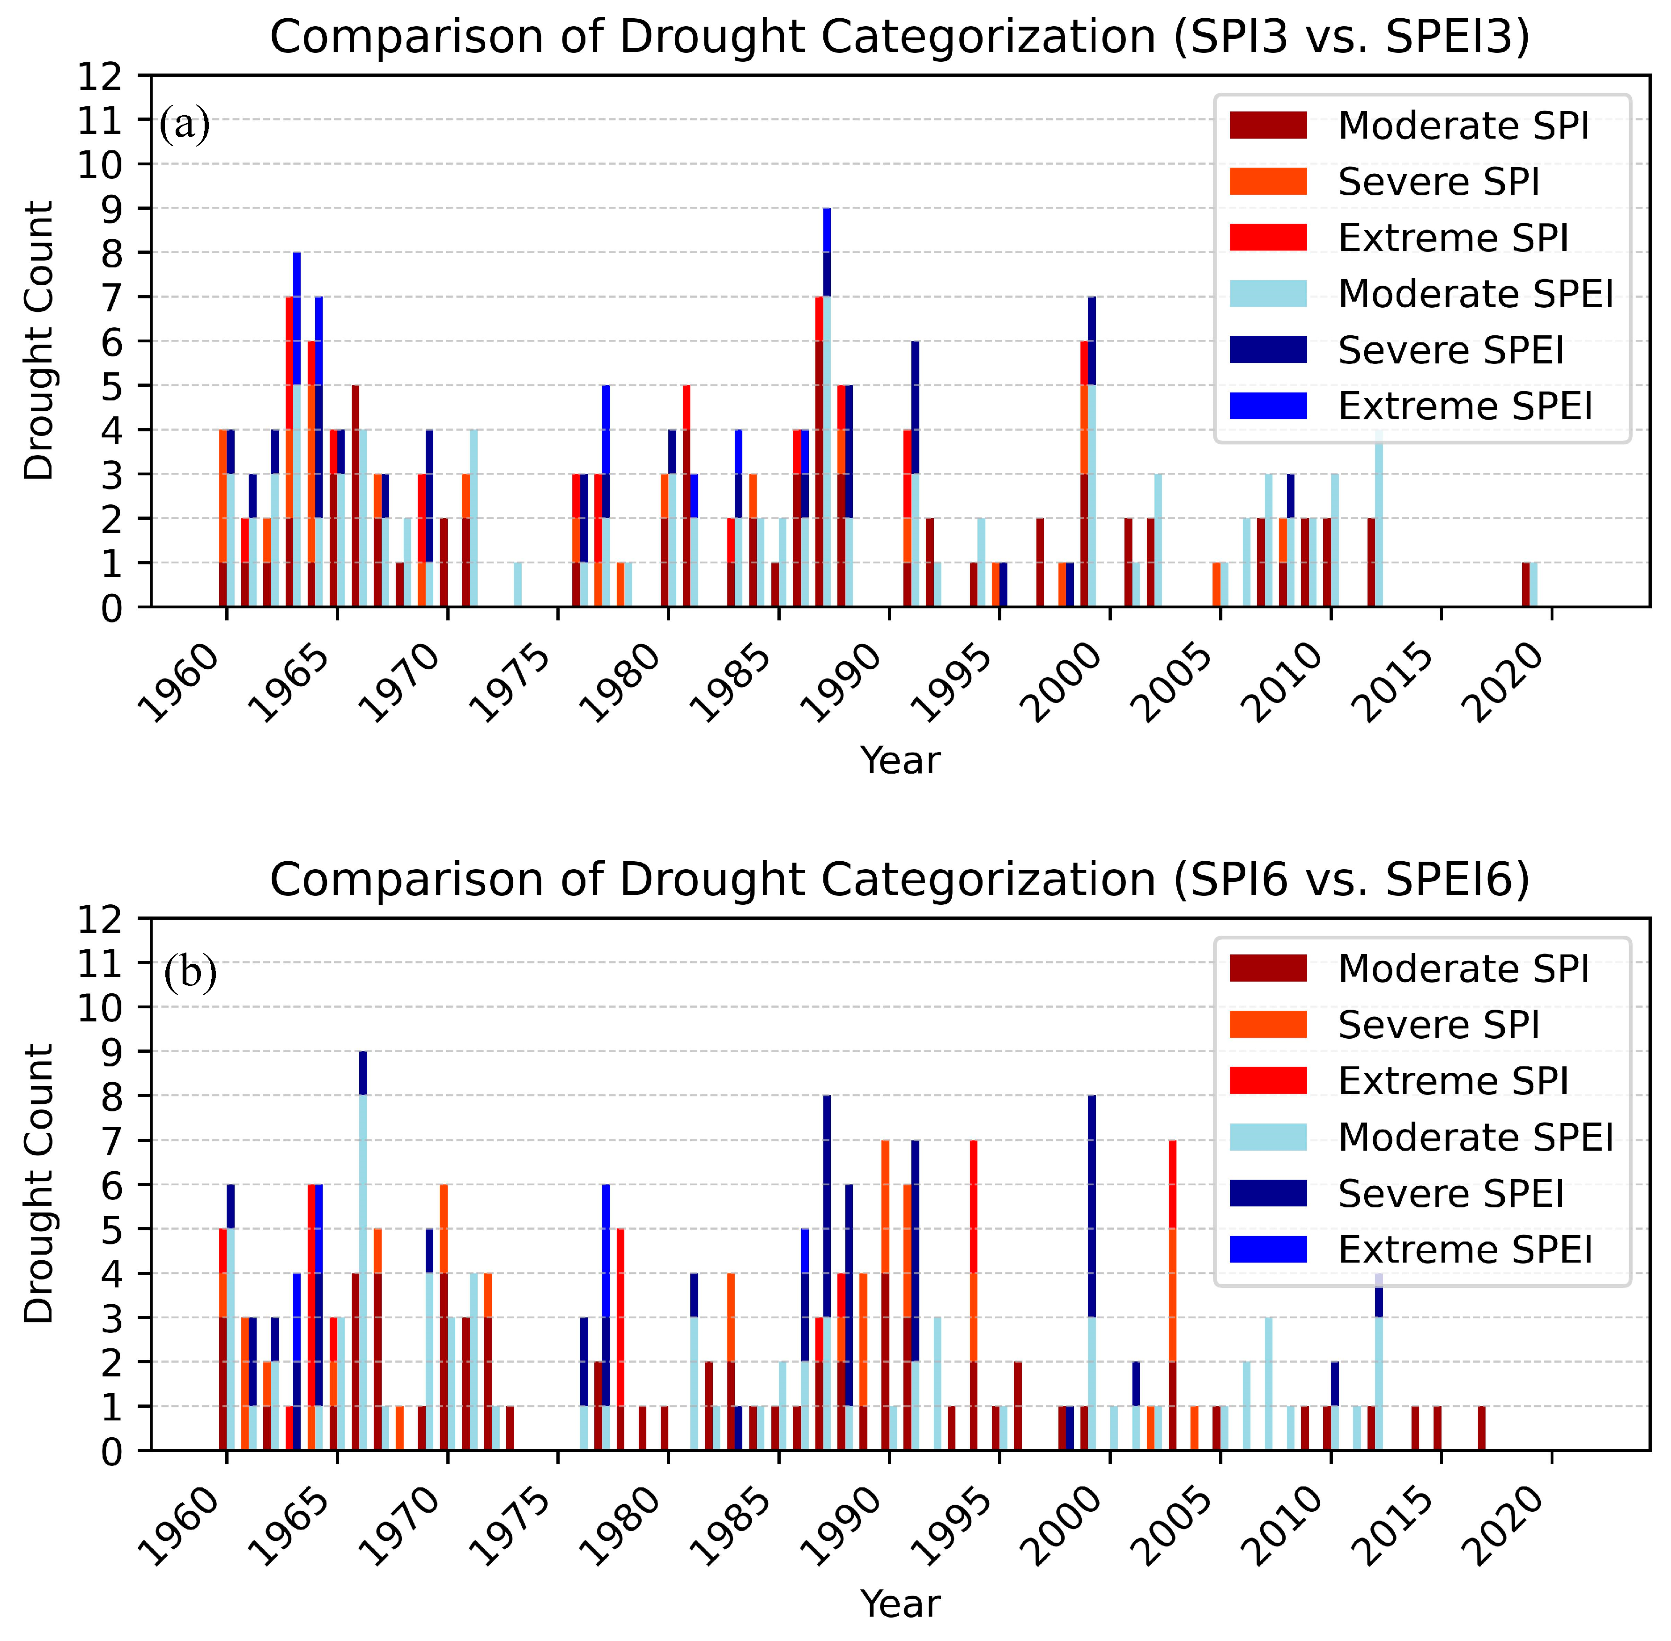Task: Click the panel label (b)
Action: coord(190,974)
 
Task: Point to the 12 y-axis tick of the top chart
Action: coord(102,76)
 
